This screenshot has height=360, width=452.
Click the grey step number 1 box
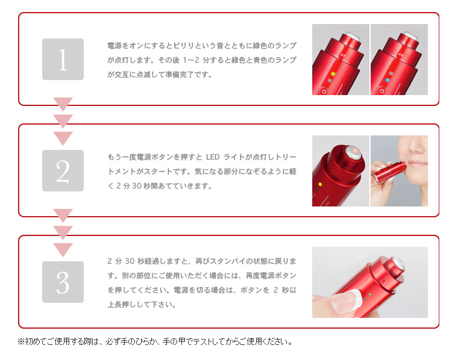click(63, 60)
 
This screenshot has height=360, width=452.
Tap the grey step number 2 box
click(63, 171)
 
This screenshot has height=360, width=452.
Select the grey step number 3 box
click(63, 282)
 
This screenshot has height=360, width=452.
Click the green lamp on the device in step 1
click(333, 74)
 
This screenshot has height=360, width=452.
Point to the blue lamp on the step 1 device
click(388, 80)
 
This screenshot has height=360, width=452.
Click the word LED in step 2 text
click(213, 157)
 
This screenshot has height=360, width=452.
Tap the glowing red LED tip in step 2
click(355, 151)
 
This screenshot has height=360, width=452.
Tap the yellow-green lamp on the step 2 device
click(319, 184)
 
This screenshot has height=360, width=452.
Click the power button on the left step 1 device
click(324, 92)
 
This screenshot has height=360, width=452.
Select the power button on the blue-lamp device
click(381, 91)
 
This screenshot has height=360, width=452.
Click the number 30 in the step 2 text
click(137, 186)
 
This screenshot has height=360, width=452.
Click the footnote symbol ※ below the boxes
click(20, 341)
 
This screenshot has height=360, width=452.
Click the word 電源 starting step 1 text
click(115, 46)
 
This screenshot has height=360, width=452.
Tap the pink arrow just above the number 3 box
click(63, 250)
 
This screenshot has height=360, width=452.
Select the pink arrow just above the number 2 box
click(63, 138)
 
